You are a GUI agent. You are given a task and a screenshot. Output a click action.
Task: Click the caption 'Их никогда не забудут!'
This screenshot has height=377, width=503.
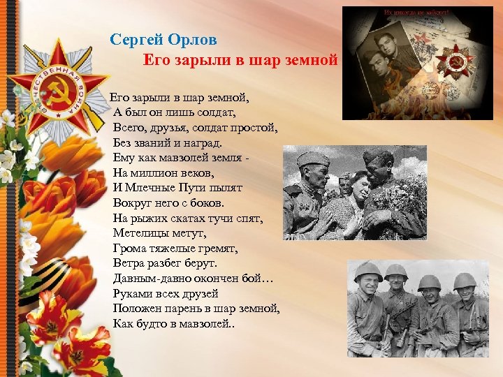point(417,13)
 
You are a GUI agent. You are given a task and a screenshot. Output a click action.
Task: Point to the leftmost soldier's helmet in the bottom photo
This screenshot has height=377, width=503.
point(367,271)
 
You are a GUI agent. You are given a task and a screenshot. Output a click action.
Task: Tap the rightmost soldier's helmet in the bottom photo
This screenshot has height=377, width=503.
point(465,281)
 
